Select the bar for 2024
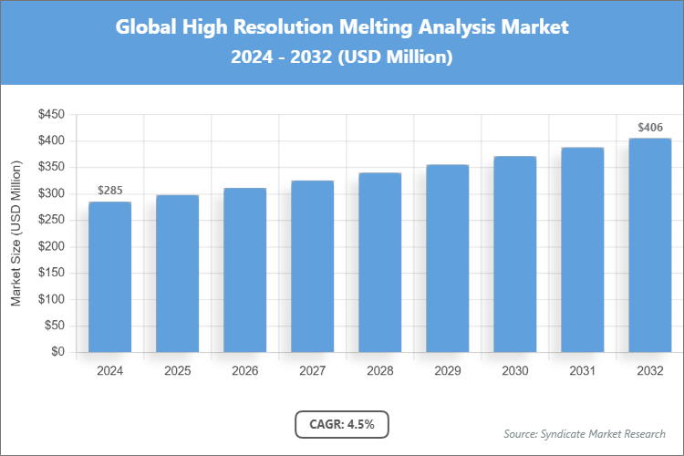coord(109,277)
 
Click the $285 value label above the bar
coord(109,191)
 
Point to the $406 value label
coord(650,127)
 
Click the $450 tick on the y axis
coord(50,115)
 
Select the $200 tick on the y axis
coord(50,246)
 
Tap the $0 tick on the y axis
coord(57,352)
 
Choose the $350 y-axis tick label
coord(50,168)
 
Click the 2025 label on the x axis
coord(177,371)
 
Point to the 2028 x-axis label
coord(379,371)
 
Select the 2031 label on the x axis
coord(583,371)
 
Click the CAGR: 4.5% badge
coord(342,424)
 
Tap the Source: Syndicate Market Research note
coord(584,433)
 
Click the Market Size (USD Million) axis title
coord(16,233)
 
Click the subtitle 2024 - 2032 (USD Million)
coord(342,57)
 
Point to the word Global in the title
coord(148,26)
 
